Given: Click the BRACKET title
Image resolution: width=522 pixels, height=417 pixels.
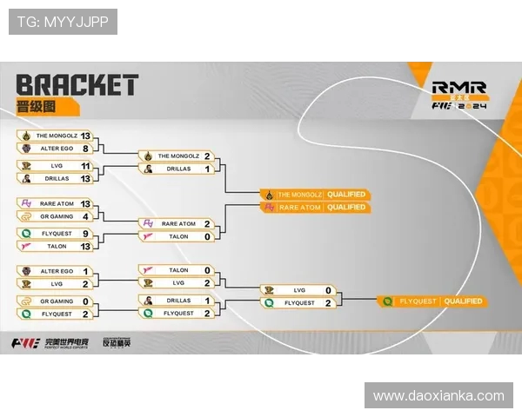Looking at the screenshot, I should click(x=77, y=84).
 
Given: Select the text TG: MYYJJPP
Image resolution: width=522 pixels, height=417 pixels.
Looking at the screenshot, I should click(x=63, y=22).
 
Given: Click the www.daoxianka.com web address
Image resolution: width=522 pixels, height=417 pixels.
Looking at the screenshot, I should click(x=438, y=395).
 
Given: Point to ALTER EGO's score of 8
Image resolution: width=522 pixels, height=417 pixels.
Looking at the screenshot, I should click(x=85, y=149).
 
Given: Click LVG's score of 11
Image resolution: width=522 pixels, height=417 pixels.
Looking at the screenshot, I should click(x=85, y=165).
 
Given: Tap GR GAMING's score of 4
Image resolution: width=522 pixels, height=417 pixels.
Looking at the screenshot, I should click(x=85, y=215).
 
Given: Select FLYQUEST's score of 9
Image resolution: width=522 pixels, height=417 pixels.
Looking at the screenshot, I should click(x=85, y=233).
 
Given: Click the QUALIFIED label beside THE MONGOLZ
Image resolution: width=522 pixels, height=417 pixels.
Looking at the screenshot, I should click(x=346, y=194).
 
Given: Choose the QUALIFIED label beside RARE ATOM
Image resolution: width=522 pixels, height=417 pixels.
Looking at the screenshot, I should click(x=346, y=207).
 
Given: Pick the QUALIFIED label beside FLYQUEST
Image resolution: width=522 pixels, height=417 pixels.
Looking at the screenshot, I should click(x=462, y=301).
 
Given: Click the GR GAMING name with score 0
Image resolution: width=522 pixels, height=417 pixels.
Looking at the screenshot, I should click(x=56, y=301).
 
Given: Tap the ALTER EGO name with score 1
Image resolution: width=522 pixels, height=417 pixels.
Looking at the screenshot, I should click(x=56, y=271).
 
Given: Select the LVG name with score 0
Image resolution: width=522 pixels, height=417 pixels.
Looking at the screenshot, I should click(x=298, y=290).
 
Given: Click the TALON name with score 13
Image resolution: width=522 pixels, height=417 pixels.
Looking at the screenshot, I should click(x=56, y=246).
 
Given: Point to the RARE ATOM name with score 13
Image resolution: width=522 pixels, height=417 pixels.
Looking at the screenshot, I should click(x=56, y=203).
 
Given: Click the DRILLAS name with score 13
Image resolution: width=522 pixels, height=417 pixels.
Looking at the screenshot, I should click(x=56, y=178).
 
